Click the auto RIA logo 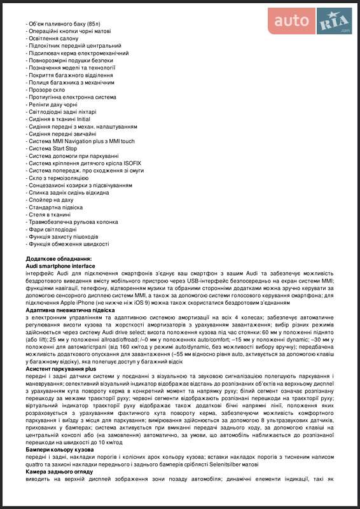pyautogui.click(x=308, y=21)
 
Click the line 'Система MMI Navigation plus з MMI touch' pyautogui.click(x=81, y=141)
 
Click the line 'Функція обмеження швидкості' pyautogui.click(x=69, y=244)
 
